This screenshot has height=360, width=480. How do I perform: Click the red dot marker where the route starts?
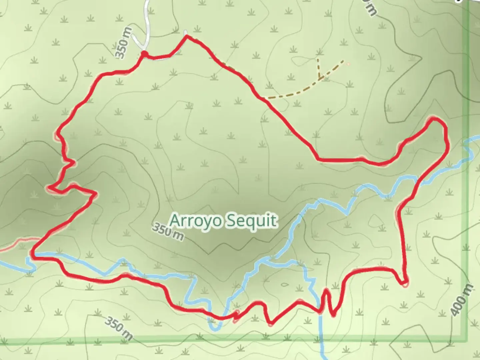tap(144, 53)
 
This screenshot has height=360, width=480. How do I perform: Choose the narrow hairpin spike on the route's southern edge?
tap(326, 293)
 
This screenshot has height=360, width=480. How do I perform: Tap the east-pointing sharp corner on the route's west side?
tap(96, 193)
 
